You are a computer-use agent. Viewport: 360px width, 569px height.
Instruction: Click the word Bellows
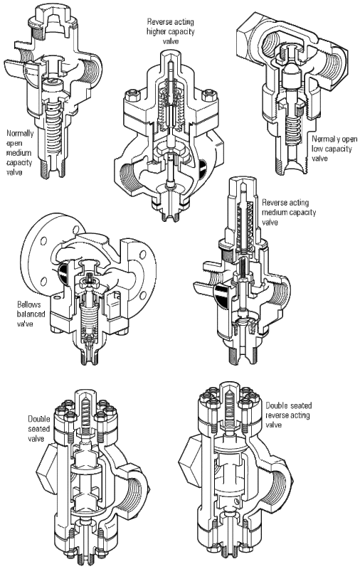click(x=29, y=304)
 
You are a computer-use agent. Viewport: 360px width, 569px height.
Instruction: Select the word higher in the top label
click(x=157, y=31)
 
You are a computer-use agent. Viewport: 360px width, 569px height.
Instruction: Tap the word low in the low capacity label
click(x=317, y=149)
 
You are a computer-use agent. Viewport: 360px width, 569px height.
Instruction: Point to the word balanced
click(x=31, y=314)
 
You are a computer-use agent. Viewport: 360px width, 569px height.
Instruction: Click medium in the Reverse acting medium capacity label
click(x=275, y=212)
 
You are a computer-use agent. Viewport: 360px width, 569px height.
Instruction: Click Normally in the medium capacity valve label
click(x=21, y=134)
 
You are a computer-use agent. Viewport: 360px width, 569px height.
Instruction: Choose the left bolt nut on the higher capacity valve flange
click(x=131, y=96)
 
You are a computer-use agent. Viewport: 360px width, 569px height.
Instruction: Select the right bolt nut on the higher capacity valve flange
click(x=208, y=95)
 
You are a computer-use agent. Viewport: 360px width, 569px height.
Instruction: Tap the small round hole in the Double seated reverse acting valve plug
click(x=237, y=501)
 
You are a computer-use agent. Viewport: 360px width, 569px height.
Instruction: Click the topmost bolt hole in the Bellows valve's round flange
click(x=76, y=229)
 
